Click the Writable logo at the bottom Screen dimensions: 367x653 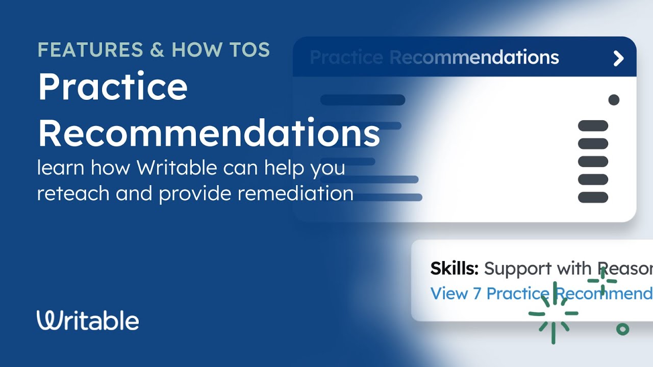88,321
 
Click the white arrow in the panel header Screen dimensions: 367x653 618,58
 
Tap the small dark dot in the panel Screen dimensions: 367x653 614,100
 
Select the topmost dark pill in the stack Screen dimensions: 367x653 593,126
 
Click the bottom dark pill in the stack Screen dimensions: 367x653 593,197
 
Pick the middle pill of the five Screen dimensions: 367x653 593,162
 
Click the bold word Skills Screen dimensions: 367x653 454,269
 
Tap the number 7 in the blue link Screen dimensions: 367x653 476,294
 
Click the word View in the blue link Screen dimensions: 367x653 449,294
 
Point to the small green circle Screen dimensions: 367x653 622,329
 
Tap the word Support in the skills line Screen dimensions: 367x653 518,269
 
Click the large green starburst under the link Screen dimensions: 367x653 554,313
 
